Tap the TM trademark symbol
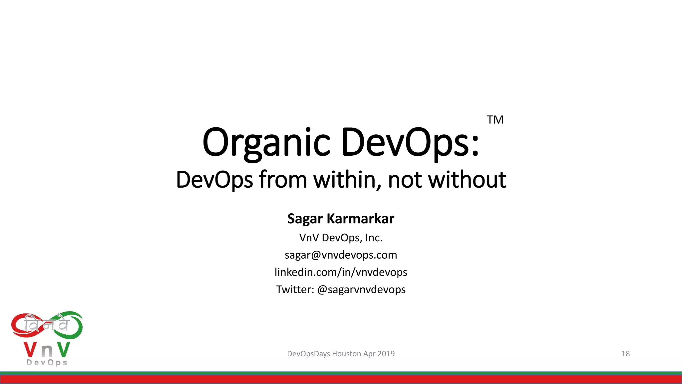[x=495, y=120]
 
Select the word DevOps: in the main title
[x=410, y=143]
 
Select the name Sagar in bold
[x=305, y=219]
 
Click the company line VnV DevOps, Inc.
[x=341, y=238]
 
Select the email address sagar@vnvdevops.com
[x=341, y=255]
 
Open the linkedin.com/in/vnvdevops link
[x=341, y=272]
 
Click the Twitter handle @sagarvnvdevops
[x=361, y=289]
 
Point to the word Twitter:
[x=295, y=289]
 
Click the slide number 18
[x=625, y=354]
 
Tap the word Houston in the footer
[x=346, y=354]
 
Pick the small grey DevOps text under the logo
[x=47, y=363]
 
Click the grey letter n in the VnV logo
[x=47, y=350]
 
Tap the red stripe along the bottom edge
[x=341, y=379]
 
